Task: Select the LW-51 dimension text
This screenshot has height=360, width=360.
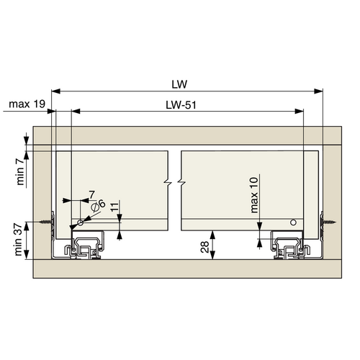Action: (x=184, y=104)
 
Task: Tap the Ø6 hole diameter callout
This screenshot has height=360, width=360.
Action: (x=99, y=204)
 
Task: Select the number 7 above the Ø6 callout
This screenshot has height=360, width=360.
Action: (x=92, y=194)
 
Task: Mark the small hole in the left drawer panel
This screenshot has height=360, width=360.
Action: (x=81, y=223)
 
